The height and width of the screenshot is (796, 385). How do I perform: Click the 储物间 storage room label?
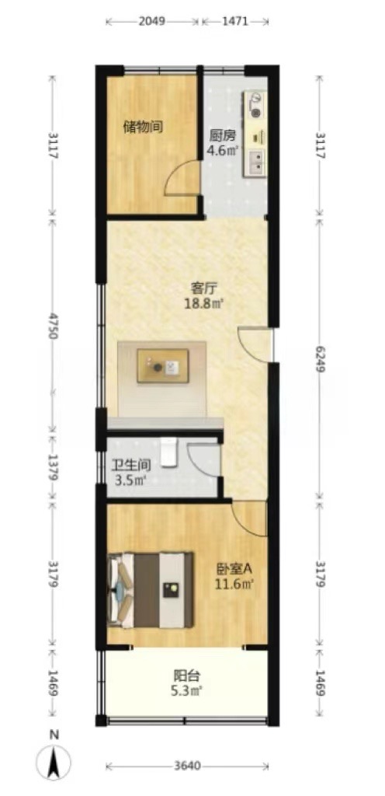tap(143, 127)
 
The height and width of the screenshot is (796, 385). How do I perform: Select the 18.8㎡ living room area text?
tap(205, 304)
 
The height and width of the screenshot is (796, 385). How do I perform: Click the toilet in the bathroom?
tap(169, 452)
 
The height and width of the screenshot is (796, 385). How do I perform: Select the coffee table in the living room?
tap(162, 366)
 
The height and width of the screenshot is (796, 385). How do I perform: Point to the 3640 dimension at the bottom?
tap(187, 765)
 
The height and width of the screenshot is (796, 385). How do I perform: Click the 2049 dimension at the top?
tap(152, 21)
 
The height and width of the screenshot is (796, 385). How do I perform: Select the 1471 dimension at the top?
tap(235, 21)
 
